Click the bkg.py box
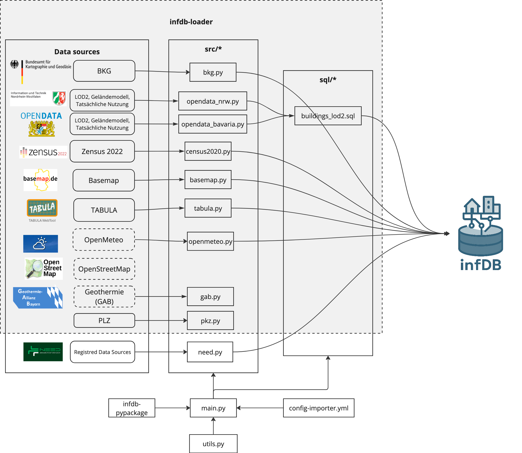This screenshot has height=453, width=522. tap(213, 72)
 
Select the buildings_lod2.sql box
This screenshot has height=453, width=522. tap(328, 116)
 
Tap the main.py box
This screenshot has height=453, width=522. tap(213, 408)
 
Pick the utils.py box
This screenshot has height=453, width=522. tap(213, 444)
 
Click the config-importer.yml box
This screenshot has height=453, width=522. tap(318, 408)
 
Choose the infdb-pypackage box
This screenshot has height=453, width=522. tap(132, 408)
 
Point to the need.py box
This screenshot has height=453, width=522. tap(210, 352)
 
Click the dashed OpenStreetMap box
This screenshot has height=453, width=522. tap(104, 269)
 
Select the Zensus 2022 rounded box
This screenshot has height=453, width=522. tap(102, 151)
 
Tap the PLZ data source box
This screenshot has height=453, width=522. tap(104, 321)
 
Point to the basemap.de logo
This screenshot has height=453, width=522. tap(40, 180)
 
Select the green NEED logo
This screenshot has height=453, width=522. tap(43, 352)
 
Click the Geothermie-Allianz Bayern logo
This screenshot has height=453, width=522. tap(38, 298)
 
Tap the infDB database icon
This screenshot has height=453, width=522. tap(480, 227)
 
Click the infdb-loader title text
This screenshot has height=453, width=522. tap(191, 22)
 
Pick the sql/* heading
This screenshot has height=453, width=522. tap(328, 80)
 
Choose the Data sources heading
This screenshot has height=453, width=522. tap(77, 52)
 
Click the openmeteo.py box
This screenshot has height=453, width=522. tap(210, 241)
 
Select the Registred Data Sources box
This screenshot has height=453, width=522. tap(102, 352)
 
